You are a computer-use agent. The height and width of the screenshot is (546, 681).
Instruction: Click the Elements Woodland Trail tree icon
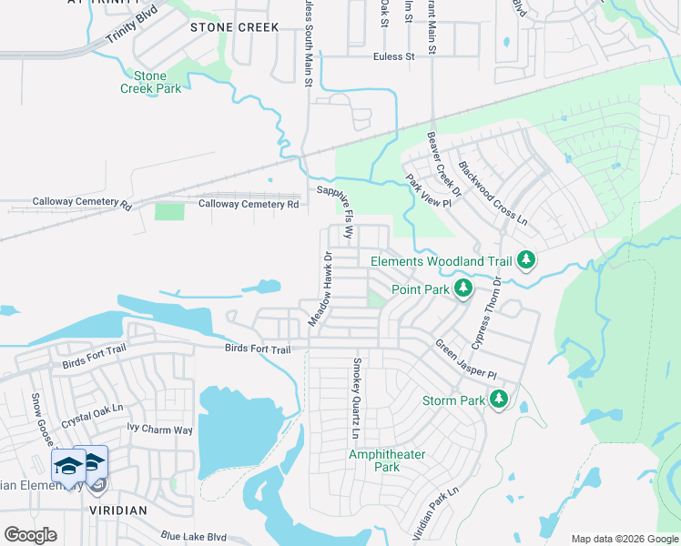tap(525, 261)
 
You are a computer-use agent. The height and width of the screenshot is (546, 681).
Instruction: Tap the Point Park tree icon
tap(463, 289)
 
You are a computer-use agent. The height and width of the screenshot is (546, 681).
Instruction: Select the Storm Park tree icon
tap(498, 399)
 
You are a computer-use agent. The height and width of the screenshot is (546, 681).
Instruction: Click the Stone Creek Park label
tap(151, 82)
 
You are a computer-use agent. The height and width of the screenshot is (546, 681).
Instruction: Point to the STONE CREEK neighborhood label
tap(234, 27)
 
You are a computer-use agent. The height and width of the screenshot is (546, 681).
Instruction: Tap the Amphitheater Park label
tap(374, 460)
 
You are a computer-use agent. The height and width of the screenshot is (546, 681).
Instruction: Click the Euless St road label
tap(393, 56)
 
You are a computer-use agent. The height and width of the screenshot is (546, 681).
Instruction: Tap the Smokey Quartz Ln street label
tap(357, 396)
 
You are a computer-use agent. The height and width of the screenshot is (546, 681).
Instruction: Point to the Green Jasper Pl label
tap(465, 360)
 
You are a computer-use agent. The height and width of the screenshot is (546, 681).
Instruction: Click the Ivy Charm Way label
tap(160, 429)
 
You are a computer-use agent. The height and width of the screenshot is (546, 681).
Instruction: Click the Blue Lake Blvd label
tap(193, 537)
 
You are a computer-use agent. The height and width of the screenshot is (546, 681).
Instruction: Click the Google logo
tap(30, 535)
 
